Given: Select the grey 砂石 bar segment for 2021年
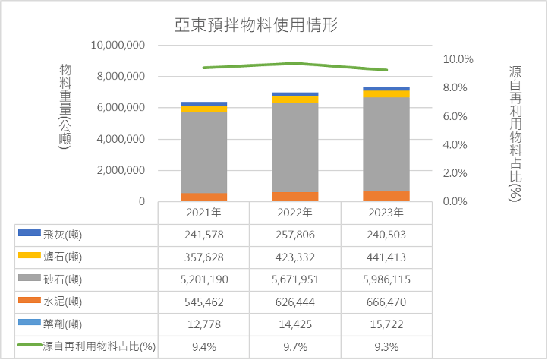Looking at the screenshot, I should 203,152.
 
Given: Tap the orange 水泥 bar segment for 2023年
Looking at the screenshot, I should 386,196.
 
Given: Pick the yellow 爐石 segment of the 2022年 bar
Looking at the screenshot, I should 295,99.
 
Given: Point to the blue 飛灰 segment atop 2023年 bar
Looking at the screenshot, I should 386,88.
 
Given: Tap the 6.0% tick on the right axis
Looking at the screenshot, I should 458,116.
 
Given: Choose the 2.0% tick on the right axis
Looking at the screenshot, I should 458,173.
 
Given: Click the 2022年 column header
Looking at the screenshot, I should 294,213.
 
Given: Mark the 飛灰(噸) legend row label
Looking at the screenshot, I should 65,235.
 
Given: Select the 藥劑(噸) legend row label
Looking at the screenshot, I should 65,324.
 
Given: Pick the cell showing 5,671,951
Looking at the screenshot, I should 294,279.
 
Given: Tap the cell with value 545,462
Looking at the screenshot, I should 203,302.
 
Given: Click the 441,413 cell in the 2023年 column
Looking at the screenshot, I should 386,257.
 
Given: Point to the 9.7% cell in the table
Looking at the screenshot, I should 294,346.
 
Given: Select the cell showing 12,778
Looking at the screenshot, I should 203,324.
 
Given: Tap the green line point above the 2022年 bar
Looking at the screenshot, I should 295,63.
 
